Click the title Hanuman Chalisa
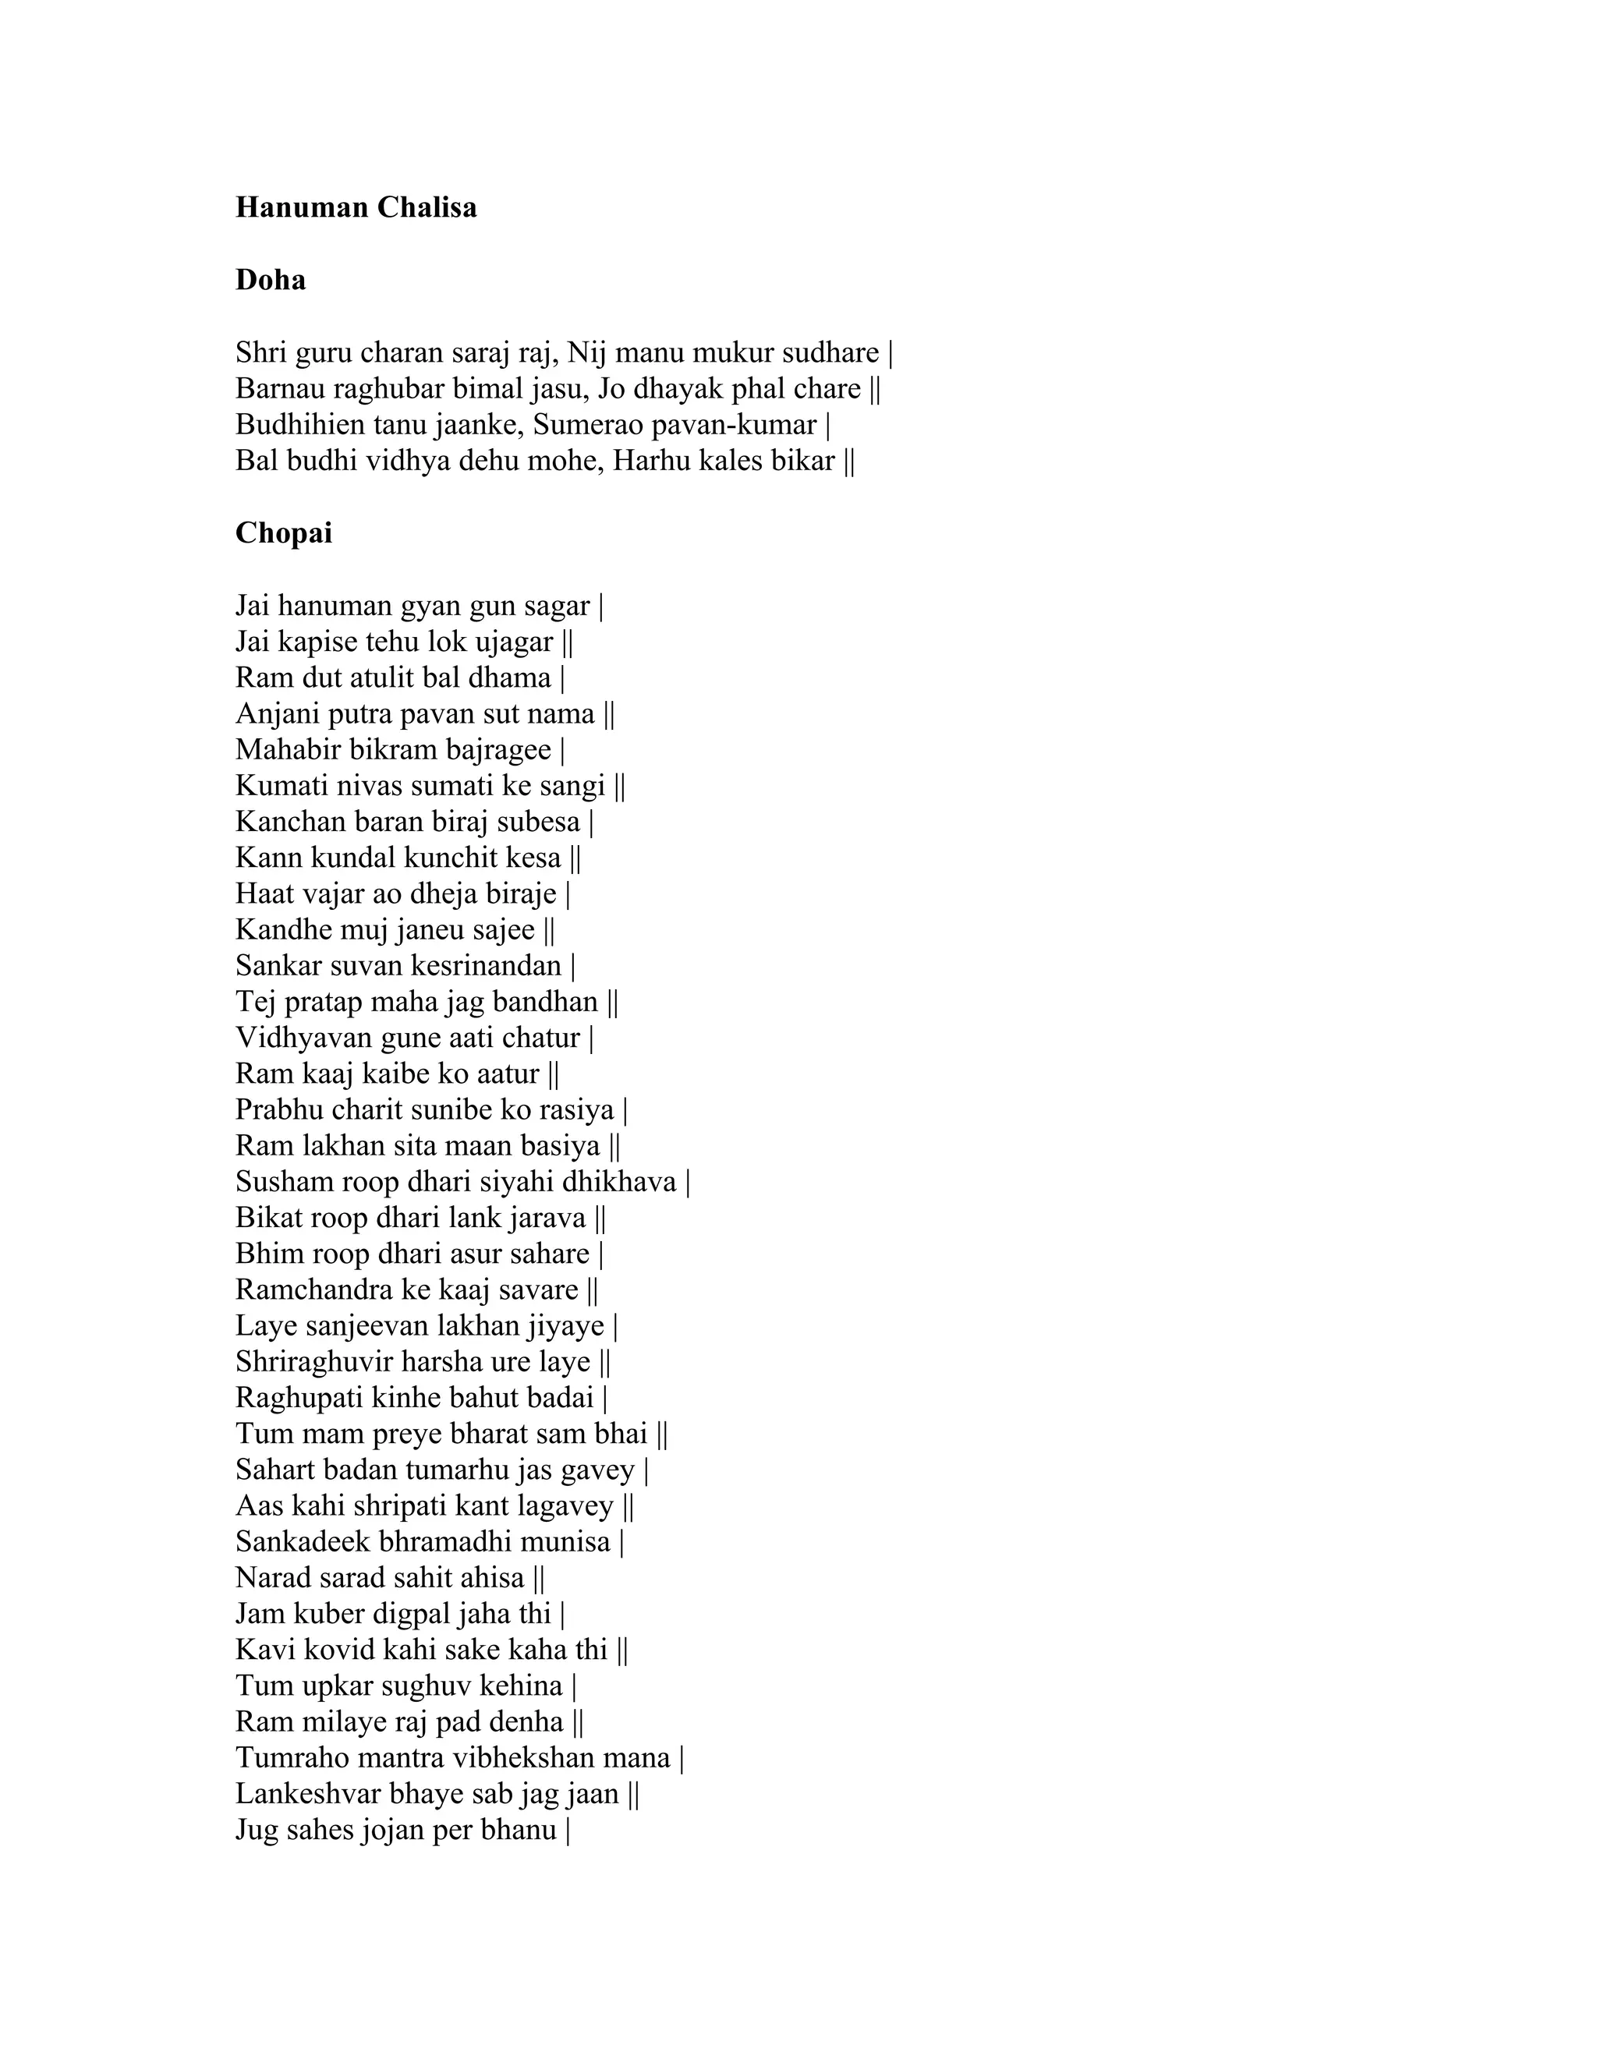pyautogui.click(x=356, y=207)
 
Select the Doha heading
pyautogui.click(x=271, y=280)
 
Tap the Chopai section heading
pyautogui.click(x=284, y=533)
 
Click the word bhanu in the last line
pyautogui.click(x=519, y=1830)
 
